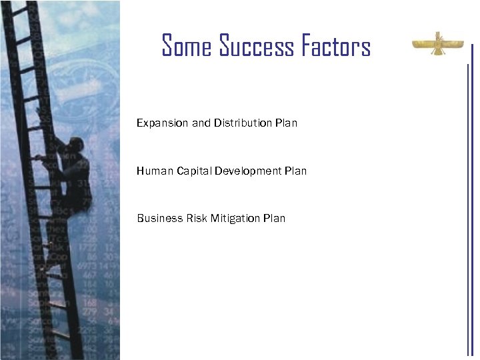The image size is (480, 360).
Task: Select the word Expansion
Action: (162, 123)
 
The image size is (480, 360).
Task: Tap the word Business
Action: (158, 218)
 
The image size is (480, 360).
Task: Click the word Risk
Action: (193, 218)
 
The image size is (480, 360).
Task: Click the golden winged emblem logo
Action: (438, 45)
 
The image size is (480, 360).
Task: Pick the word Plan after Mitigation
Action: (275, 218)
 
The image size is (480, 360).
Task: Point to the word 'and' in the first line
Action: (201, 123)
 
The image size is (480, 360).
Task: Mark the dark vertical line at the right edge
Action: (469, 200)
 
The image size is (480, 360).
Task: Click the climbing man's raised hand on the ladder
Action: (41, 157)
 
